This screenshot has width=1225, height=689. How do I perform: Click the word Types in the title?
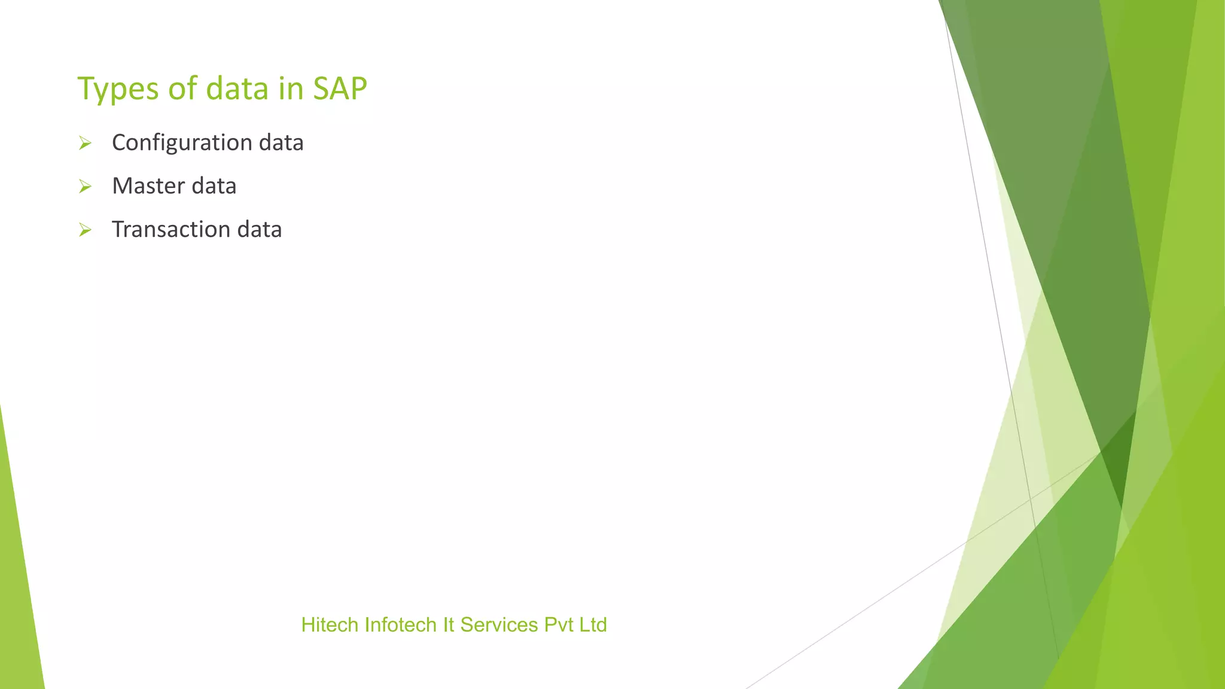coord(117,89)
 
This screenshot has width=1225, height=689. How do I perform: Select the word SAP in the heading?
coord(340,89)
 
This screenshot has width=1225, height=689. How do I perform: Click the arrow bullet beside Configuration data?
coord(85,144)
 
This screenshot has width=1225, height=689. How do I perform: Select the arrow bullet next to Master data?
coord(85,187)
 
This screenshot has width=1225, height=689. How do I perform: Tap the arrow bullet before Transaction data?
coord(85,230)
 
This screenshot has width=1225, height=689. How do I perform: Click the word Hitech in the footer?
coord(330,625)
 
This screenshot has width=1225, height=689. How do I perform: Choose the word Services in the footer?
coord(499,625)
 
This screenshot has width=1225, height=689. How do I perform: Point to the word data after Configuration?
coord(281,143)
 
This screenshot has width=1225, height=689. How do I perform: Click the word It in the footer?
coord(449,625)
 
